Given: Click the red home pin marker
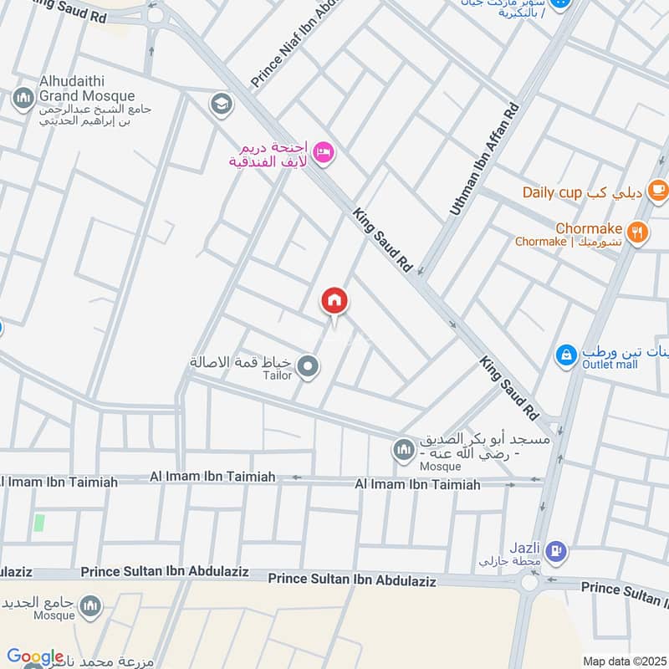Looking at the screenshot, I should tap(334, 301).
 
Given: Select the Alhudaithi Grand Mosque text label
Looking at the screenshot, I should tap(87, 89).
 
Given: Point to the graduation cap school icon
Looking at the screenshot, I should tap(222, 105).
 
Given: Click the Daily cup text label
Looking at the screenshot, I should tap(552, 192).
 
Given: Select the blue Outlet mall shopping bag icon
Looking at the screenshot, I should tap(567, 355).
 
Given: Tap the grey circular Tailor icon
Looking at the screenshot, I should tap(309, 366).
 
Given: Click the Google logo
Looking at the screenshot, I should tap(35, 656).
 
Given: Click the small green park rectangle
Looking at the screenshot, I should tap(38, 524).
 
